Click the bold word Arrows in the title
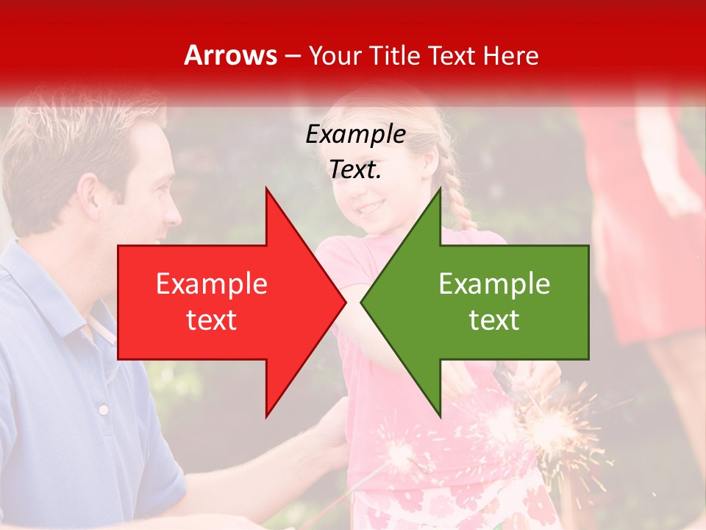(231, 55)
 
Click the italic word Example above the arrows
(355, 135)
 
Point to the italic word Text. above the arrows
(355, 170)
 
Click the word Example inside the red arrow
(211, 284)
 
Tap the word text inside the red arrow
(211, 320)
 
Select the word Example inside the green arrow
(494, 284)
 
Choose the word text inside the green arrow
(494, 320)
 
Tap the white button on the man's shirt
(104, 409)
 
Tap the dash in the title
(292, 56)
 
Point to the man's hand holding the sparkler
(331, 427)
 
